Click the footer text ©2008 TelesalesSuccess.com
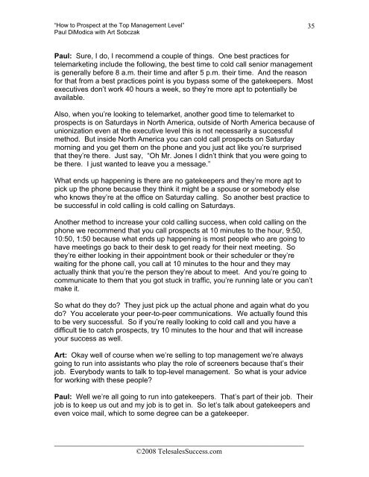184,452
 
